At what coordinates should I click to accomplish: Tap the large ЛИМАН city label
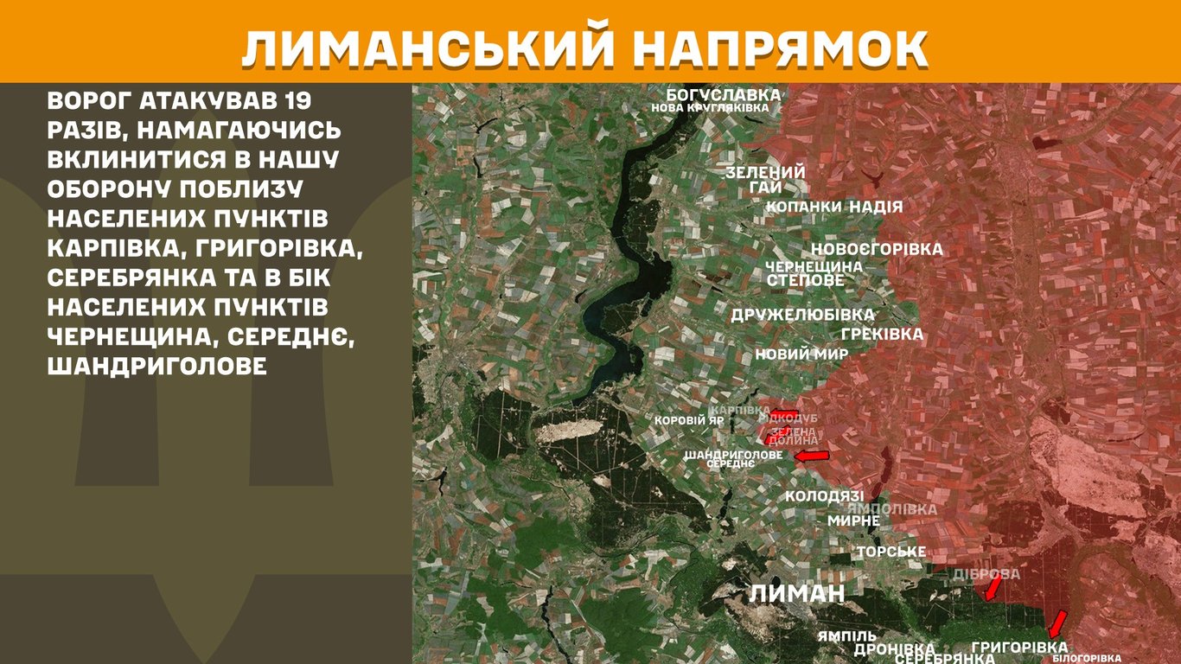tap(796, 593)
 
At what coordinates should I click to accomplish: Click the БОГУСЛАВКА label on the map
tap(723, 94)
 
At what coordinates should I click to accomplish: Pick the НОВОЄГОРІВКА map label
tap(877, 250)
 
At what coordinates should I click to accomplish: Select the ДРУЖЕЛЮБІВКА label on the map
tap(802, 315)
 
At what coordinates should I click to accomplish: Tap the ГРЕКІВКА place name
tap(882, 334)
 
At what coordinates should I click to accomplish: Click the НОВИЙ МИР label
tap(801, 354)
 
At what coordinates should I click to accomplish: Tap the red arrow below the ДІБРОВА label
tap(994, 588)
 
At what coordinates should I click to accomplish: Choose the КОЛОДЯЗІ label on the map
tap(824, 496)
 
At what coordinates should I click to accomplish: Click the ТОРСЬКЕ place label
tap(891, 552)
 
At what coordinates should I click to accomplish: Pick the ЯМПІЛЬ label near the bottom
tap(846, 636)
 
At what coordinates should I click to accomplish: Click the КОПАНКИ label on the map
tap(804, 207)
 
